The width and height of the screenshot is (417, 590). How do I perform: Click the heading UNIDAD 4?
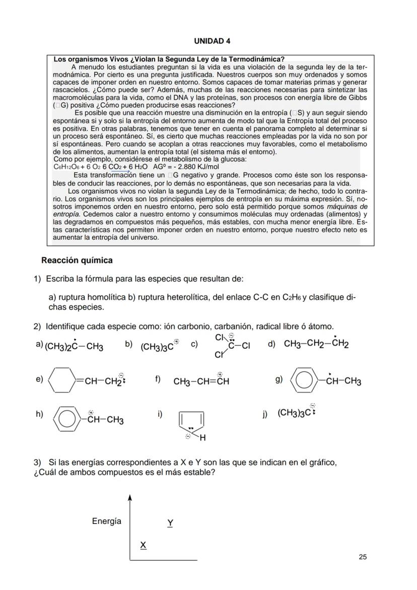[208, 40]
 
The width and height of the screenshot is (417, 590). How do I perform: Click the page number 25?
[363, 557]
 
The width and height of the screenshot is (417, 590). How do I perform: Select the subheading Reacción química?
[77, 260]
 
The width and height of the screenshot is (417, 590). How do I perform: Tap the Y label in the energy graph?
[170, 523]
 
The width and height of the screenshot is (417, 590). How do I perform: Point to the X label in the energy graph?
[143, 545]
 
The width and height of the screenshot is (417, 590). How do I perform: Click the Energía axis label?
[106, 521]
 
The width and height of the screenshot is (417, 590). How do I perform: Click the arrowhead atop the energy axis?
[130, 498]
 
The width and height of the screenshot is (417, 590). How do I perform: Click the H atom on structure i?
[202, 438]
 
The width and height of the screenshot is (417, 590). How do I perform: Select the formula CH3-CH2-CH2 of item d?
[316, 344]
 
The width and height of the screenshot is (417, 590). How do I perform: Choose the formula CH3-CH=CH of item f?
[201, 381]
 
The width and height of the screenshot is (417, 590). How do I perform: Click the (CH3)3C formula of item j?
[293, 413]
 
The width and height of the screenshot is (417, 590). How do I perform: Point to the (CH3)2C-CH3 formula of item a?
[74, 347]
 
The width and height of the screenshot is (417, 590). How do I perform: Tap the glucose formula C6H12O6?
[65, 167]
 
